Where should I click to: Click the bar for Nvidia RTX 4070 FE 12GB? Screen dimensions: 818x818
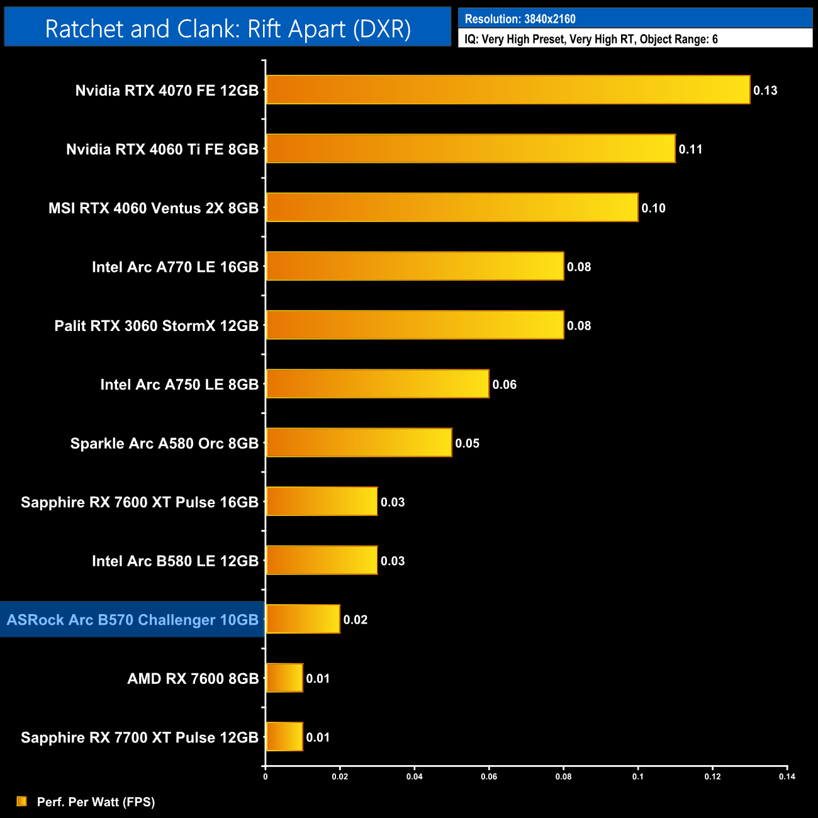point(508,90)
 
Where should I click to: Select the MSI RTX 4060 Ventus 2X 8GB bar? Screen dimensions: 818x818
point(452,208)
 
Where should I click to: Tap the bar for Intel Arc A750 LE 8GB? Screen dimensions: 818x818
point(378,384)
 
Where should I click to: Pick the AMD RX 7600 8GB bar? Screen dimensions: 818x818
point(284,678)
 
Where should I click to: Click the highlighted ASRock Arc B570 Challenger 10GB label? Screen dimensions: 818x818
point(133,620)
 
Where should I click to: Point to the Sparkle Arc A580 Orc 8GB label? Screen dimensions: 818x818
point(164,444)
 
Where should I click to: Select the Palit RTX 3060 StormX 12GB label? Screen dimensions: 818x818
point(157,326)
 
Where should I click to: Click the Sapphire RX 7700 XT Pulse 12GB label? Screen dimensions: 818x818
point(140,737)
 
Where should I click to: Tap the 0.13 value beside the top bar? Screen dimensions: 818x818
point(765,91)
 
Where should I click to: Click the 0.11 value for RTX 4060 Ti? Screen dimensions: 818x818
point(690,149)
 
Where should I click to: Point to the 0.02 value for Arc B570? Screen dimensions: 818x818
point(356,620)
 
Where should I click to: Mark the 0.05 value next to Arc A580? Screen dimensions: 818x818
point(468,444)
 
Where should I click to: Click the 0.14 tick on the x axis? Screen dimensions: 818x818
point(787,776)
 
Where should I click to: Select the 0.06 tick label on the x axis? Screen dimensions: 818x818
point(489,776)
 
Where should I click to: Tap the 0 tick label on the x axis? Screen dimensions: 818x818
point(266,776)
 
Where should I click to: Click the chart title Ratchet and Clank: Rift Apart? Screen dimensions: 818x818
point(228,29)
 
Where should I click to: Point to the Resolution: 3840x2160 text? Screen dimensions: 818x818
point(520,19)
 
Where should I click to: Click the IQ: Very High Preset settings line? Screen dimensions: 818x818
point(591,39)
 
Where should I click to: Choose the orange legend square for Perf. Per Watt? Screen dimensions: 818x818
point(22,801)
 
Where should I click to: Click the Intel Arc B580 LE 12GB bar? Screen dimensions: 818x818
point(322,560)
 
